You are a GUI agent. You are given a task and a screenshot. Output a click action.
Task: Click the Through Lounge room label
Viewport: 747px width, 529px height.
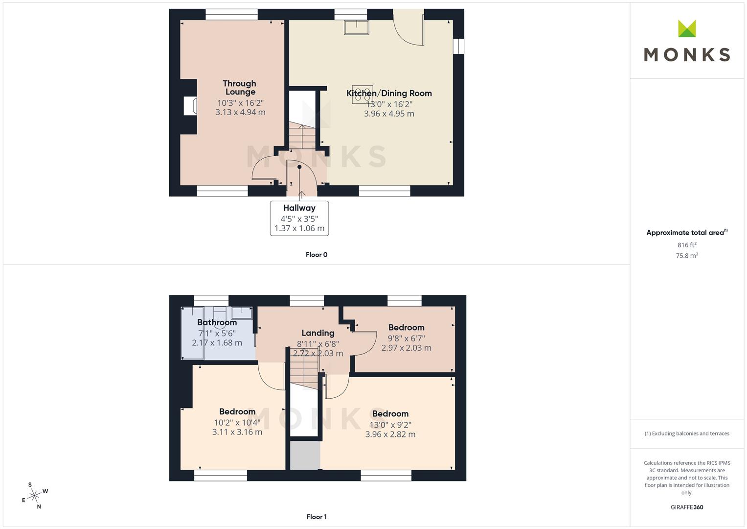coord(240,88)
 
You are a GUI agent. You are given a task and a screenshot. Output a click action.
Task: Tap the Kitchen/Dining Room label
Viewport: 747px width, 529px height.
coord(389,93)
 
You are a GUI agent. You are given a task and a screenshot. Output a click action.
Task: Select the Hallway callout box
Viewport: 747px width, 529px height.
coord(299,218)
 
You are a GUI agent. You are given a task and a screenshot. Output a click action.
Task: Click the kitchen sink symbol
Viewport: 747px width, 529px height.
coord(357,27)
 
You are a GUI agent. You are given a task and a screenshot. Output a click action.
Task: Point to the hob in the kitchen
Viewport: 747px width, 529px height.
coord(362,94)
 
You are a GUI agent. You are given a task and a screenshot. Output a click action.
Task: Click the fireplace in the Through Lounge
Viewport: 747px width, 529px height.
coord(190,106)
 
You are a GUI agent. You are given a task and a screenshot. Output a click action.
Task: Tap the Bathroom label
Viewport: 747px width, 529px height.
coord(217,322)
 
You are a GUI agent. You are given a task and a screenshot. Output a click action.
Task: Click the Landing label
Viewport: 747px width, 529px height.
coord(318,333)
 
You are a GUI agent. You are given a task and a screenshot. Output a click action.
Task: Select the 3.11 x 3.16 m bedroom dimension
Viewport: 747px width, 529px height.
coord(237,432)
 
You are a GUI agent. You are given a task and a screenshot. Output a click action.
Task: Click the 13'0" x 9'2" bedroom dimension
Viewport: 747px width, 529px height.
coord(390,425)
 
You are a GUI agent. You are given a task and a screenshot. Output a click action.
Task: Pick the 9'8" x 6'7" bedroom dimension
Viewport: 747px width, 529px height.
coord(406,338)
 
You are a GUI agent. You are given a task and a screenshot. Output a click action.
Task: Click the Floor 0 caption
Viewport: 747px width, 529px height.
coord(317,255)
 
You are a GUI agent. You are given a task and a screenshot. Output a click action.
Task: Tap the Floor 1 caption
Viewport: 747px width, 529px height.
coord(317,517)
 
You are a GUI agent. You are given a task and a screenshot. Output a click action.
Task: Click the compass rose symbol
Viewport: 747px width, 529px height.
coord(34,496)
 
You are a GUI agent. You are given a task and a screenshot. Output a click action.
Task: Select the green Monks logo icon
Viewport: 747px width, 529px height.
coord(687,28)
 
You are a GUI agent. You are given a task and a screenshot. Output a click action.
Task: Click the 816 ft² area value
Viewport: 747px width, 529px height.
coord(687,245)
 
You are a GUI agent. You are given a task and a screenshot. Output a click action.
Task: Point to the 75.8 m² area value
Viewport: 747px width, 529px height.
coord(687,256)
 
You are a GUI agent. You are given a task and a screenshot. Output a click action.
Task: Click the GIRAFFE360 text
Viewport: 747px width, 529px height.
coord(687,507)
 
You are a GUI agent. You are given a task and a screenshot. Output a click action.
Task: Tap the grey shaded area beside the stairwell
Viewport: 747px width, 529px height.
coord(305,456)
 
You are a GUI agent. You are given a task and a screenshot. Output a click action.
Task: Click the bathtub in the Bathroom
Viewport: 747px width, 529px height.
coord(192,333)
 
